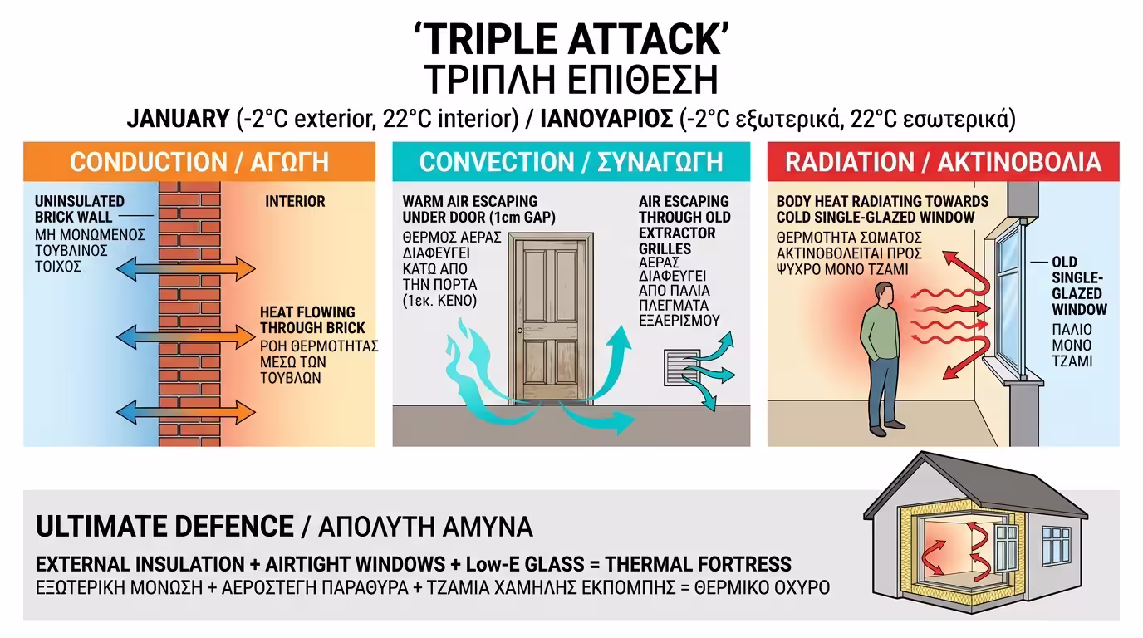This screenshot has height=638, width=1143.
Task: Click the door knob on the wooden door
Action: (x=520, y=331)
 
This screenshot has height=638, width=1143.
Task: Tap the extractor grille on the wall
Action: (x=682, y=367)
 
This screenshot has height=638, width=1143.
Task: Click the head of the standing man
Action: (x=884, y=295)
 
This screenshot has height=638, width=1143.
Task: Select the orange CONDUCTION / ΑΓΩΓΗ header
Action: (x=199, y=162)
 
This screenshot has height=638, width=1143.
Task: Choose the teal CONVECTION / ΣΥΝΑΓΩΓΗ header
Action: (x=571, y=162)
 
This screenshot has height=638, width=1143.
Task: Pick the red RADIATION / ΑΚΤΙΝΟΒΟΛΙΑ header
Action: (x=944, y=162)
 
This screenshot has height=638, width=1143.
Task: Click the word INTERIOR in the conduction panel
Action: (x=295, y=201)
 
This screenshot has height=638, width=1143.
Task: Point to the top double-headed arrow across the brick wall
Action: (x=186, y=269)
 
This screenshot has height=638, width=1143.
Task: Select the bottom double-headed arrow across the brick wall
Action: (x=186, y=412)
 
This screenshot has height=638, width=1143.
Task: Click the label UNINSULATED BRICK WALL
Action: (x=80, y=209)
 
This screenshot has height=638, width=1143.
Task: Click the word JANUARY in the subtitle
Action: (x=178, y=119)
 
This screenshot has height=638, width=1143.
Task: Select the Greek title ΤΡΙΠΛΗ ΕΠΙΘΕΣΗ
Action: (x=571, y=80)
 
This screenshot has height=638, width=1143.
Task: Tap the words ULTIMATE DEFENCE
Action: (x=164, y=526)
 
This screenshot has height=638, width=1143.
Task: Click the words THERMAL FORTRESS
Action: (x=698, y=564)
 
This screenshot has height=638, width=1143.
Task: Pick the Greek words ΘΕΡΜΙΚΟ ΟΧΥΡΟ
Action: (x=762, y=587)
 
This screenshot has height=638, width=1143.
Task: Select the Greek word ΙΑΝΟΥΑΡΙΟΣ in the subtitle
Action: (x=606, y=119)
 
